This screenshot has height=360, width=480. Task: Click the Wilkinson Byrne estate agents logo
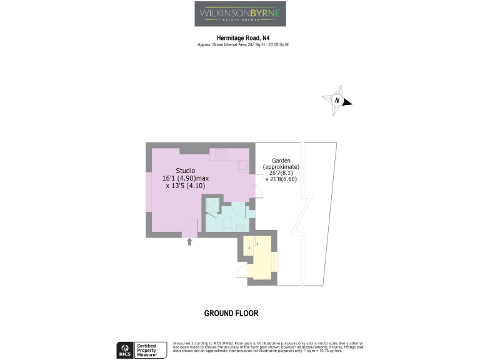coord(240,14)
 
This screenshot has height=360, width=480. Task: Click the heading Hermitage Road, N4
coord(240,37)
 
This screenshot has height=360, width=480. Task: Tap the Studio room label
coord(185,171)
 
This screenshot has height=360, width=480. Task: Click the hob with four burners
coord(221,154)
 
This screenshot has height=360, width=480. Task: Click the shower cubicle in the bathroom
coord(211,206)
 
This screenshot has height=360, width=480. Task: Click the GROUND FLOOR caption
coord(231,313)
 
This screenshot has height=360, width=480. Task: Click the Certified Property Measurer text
coord(152,349)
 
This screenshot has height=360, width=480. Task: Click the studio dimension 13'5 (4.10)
coord(185,186)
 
